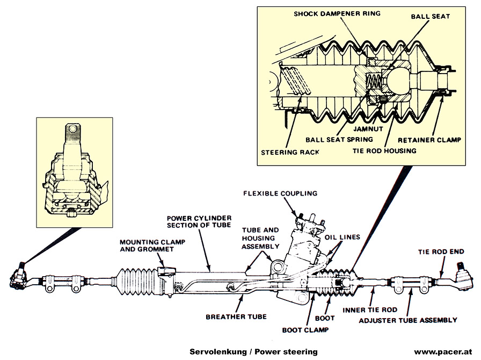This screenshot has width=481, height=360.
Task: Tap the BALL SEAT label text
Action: tap(430, 17)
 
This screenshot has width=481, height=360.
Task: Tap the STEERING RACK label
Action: tap(290, 152)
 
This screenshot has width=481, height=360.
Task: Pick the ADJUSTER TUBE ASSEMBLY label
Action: tap(408, 320)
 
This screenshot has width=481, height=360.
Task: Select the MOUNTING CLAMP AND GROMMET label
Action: tap(152, 246)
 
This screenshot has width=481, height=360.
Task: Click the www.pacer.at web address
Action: tap(443, 351)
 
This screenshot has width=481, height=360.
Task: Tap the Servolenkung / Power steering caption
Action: tap(253, 351)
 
